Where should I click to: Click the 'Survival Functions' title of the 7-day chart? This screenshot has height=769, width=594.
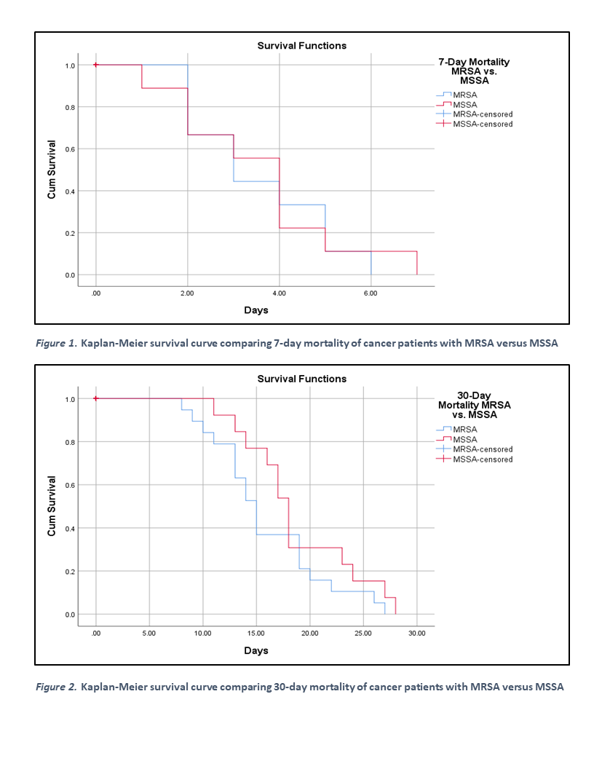coord(301,46)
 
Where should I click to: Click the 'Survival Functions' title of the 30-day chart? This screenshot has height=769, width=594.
coord(301,379)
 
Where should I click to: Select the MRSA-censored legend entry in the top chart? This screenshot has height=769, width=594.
coord(482,114)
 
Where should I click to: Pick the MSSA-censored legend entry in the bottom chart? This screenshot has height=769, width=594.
coord(482,460)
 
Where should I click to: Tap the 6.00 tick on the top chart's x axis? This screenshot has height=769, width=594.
coord(371,293)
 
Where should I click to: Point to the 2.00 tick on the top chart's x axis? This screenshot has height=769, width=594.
coord(187,293)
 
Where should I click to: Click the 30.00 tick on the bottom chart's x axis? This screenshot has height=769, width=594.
coord(416,634)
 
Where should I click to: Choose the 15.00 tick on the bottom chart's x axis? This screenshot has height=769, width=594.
coord(256,634)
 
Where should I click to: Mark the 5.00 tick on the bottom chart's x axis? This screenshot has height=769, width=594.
coord(149,634)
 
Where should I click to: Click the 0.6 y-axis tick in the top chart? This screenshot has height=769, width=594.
coord(71,149)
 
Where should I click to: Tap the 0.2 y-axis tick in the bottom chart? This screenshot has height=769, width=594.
coord(71,572)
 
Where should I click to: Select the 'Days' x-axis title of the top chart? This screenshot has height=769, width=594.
coord(256,310)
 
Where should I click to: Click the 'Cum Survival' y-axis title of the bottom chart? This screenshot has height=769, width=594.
coord(52,506)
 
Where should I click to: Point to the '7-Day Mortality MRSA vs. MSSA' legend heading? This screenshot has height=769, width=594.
coord(473,71)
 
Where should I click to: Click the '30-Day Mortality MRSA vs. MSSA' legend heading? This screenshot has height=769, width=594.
coord(474,405)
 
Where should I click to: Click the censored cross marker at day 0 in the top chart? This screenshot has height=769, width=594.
coord(96,65)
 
